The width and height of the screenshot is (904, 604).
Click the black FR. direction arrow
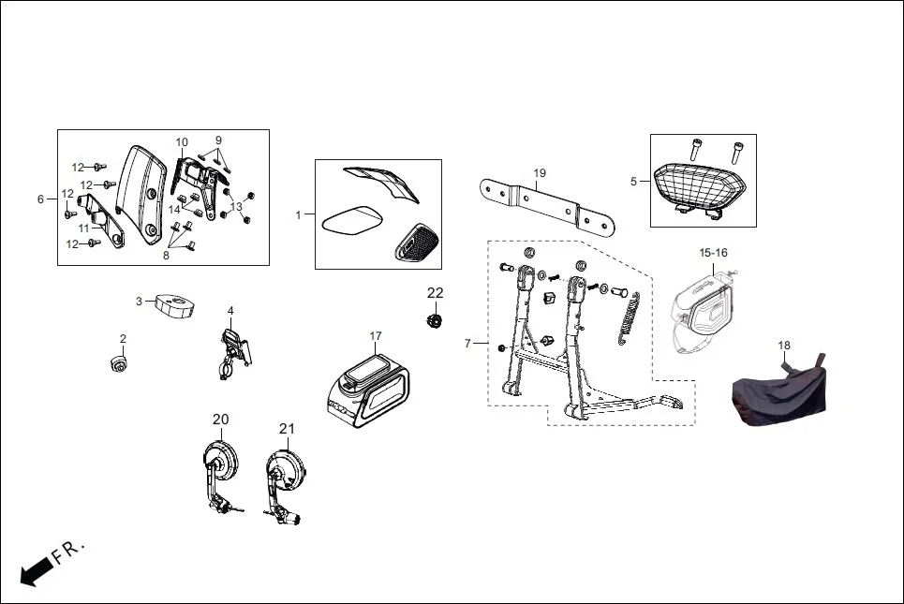(37, 572)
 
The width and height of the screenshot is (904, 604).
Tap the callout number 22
(436, 293)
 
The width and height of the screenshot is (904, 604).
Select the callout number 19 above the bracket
(540, 173)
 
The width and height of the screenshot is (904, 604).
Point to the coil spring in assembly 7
(629, 318)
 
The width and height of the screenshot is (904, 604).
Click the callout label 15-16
(713, 253)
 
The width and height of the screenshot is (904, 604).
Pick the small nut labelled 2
(119, 363)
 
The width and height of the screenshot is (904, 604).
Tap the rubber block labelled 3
(174, 305)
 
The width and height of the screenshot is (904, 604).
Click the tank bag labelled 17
(368, 390)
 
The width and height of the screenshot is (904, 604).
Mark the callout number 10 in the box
(182, 142)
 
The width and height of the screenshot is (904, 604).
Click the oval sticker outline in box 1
(352, 221)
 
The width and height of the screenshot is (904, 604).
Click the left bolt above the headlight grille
(696, 150)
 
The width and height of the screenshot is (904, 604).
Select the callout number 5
(633, 182)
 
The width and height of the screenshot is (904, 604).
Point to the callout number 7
(467, 344)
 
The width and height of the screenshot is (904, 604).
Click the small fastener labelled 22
(434, 320)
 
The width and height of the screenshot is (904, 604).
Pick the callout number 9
(218, 140)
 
